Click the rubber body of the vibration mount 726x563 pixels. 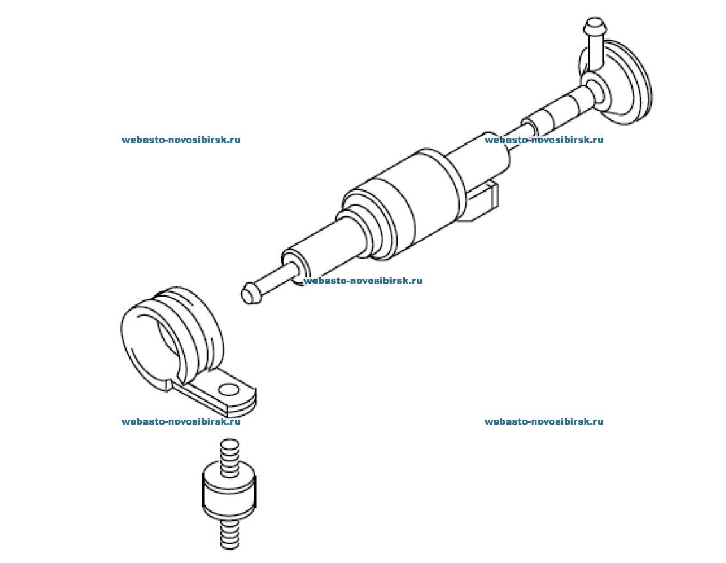229,491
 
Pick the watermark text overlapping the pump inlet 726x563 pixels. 363,281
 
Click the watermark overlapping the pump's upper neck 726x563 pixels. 544,140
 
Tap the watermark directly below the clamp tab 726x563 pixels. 181,421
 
